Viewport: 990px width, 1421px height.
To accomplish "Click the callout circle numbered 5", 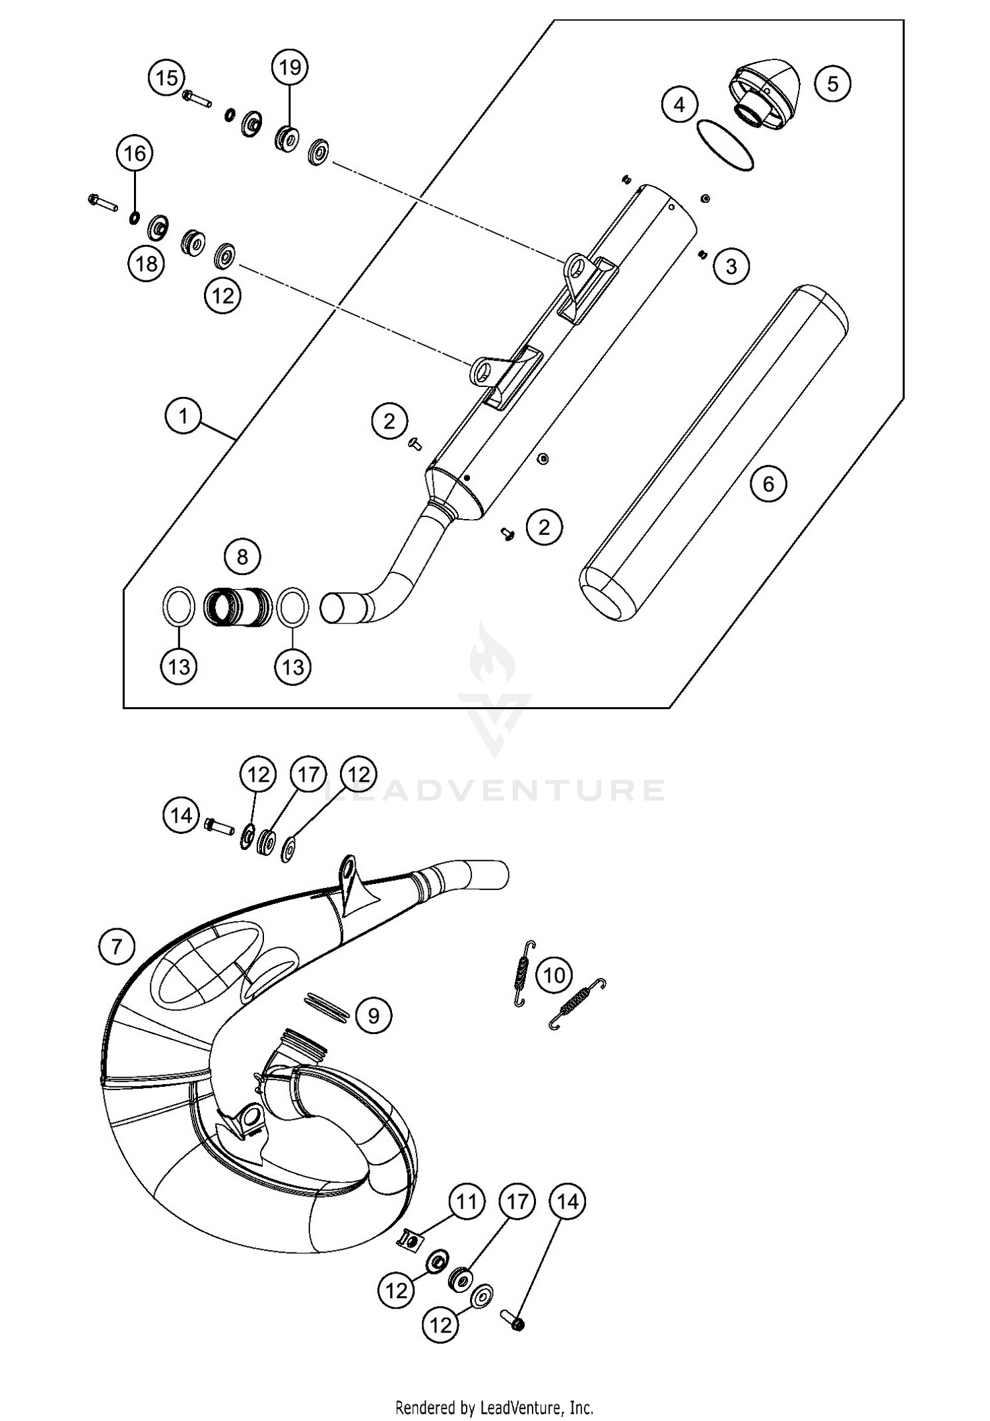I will pyautogui.click(x=832, y=84).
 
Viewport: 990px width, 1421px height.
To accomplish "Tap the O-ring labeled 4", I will pyautogui.click(x=725, y=146).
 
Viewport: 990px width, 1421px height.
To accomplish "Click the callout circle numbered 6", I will pyautogui.click(x=768, y=484).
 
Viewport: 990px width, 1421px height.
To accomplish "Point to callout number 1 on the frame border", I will pyautogui.click(x=183, y=416).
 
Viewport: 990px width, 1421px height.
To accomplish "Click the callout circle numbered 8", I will pyautogui.click(x=242, y=557).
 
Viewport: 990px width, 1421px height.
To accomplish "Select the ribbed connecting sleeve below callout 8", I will pyautogui.click(x=238, y=607).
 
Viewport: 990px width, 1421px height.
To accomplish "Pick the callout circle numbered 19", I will pyautogui.click(x=290, y=67).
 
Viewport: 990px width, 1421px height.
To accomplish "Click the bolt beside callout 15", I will pyautogui.click(x=196, y=99).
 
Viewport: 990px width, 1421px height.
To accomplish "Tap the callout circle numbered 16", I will pyautogui.click(x=135, y=154).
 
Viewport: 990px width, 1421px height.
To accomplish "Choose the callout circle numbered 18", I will pyautogui.click(x=146, y=263).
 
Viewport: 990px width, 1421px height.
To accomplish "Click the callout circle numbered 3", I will pyautogui.click(x=731, y=266).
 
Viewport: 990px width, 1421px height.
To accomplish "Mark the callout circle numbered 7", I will pyautogui.click(x=116, y=947).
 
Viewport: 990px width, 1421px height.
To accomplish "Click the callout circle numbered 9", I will pyautogui.click(x=374, y=1015).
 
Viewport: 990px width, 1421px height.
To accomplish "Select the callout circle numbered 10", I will pyautogui.click(x=554, y=975).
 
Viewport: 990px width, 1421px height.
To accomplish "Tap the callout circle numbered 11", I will pyautogui.click(x=467, y=1201).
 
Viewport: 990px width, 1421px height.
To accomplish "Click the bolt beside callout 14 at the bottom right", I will pyautogui.click(x=515, y=1323).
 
